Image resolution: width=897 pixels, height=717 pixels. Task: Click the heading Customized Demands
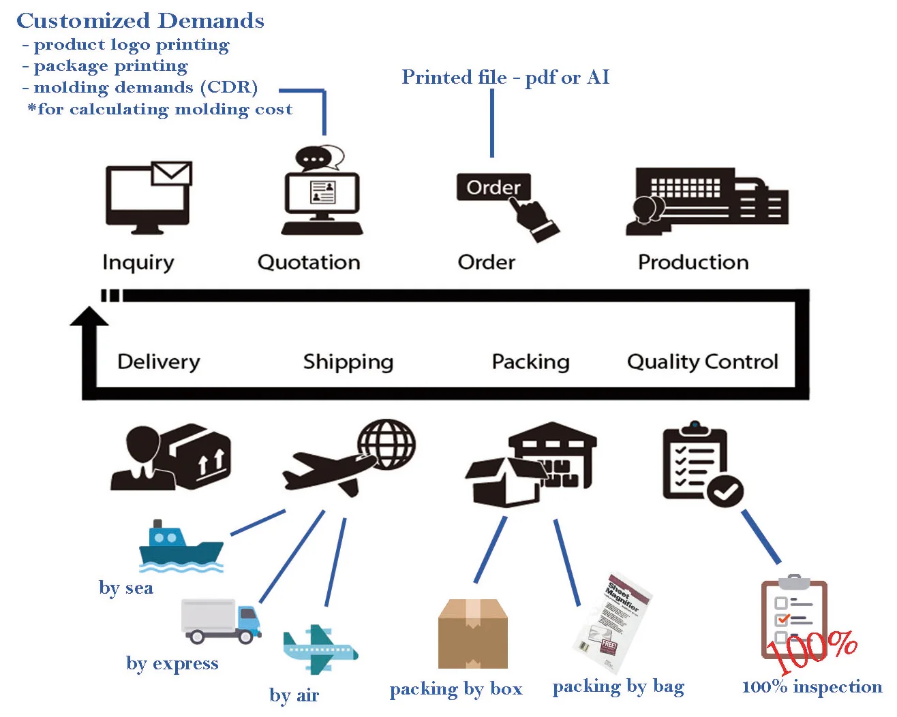140,20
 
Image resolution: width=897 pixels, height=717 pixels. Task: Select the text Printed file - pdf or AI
505,77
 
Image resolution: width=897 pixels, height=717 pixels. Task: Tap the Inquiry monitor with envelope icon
149,197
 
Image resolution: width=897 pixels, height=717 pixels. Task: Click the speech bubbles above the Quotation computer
319,158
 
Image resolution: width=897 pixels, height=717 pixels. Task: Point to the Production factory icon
706,200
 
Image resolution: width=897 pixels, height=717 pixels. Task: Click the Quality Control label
702,362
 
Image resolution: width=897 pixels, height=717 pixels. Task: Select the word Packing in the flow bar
530,362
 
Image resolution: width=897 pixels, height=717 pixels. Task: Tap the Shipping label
348,362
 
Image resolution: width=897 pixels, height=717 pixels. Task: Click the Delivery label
158,362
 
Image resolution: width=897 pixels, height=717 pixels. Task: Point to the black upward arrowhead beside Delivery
89,317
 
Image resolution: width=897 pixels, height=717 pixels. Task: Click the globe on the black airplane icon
386,444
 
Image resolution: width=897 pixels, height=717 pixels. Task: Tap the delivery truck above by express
221,621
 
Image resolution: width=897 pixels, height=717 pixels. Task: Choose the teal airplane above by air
319,649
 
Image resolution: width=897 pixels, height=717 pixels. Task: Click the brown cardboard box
472,634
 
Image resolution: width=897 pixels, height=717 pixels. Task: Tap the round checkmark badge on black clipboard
725,490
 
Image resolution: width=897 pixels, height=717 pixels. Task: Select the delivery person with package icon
170,458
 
